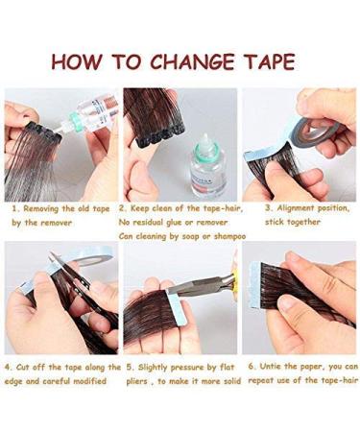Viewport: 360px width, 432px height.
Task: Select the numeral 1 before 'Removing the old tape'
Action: pos(14,206)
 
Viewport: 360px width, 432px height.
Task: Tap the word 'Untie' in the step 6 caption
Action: pos(268,367)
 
